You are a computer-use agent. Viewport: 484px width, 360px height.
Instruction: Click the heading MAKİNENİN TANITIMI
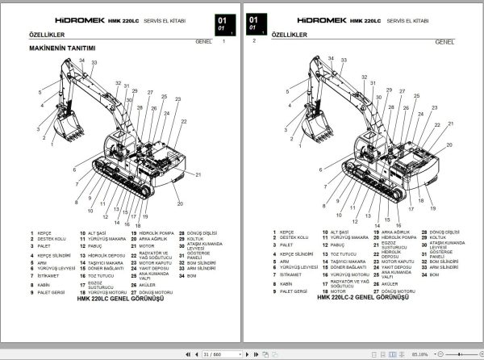(x=63, y=48)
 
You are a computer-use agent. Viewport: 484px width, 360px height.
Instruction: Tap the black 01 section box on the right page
(x=257, y=22)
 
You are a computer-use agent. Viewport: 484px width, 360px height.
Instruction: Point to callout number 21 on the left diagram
(x=198, y=174)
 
